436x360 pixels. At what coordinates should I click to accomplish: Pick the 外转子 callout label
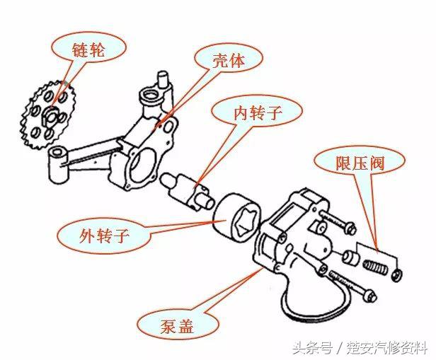pyautogui.click(x=104, y=235)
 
